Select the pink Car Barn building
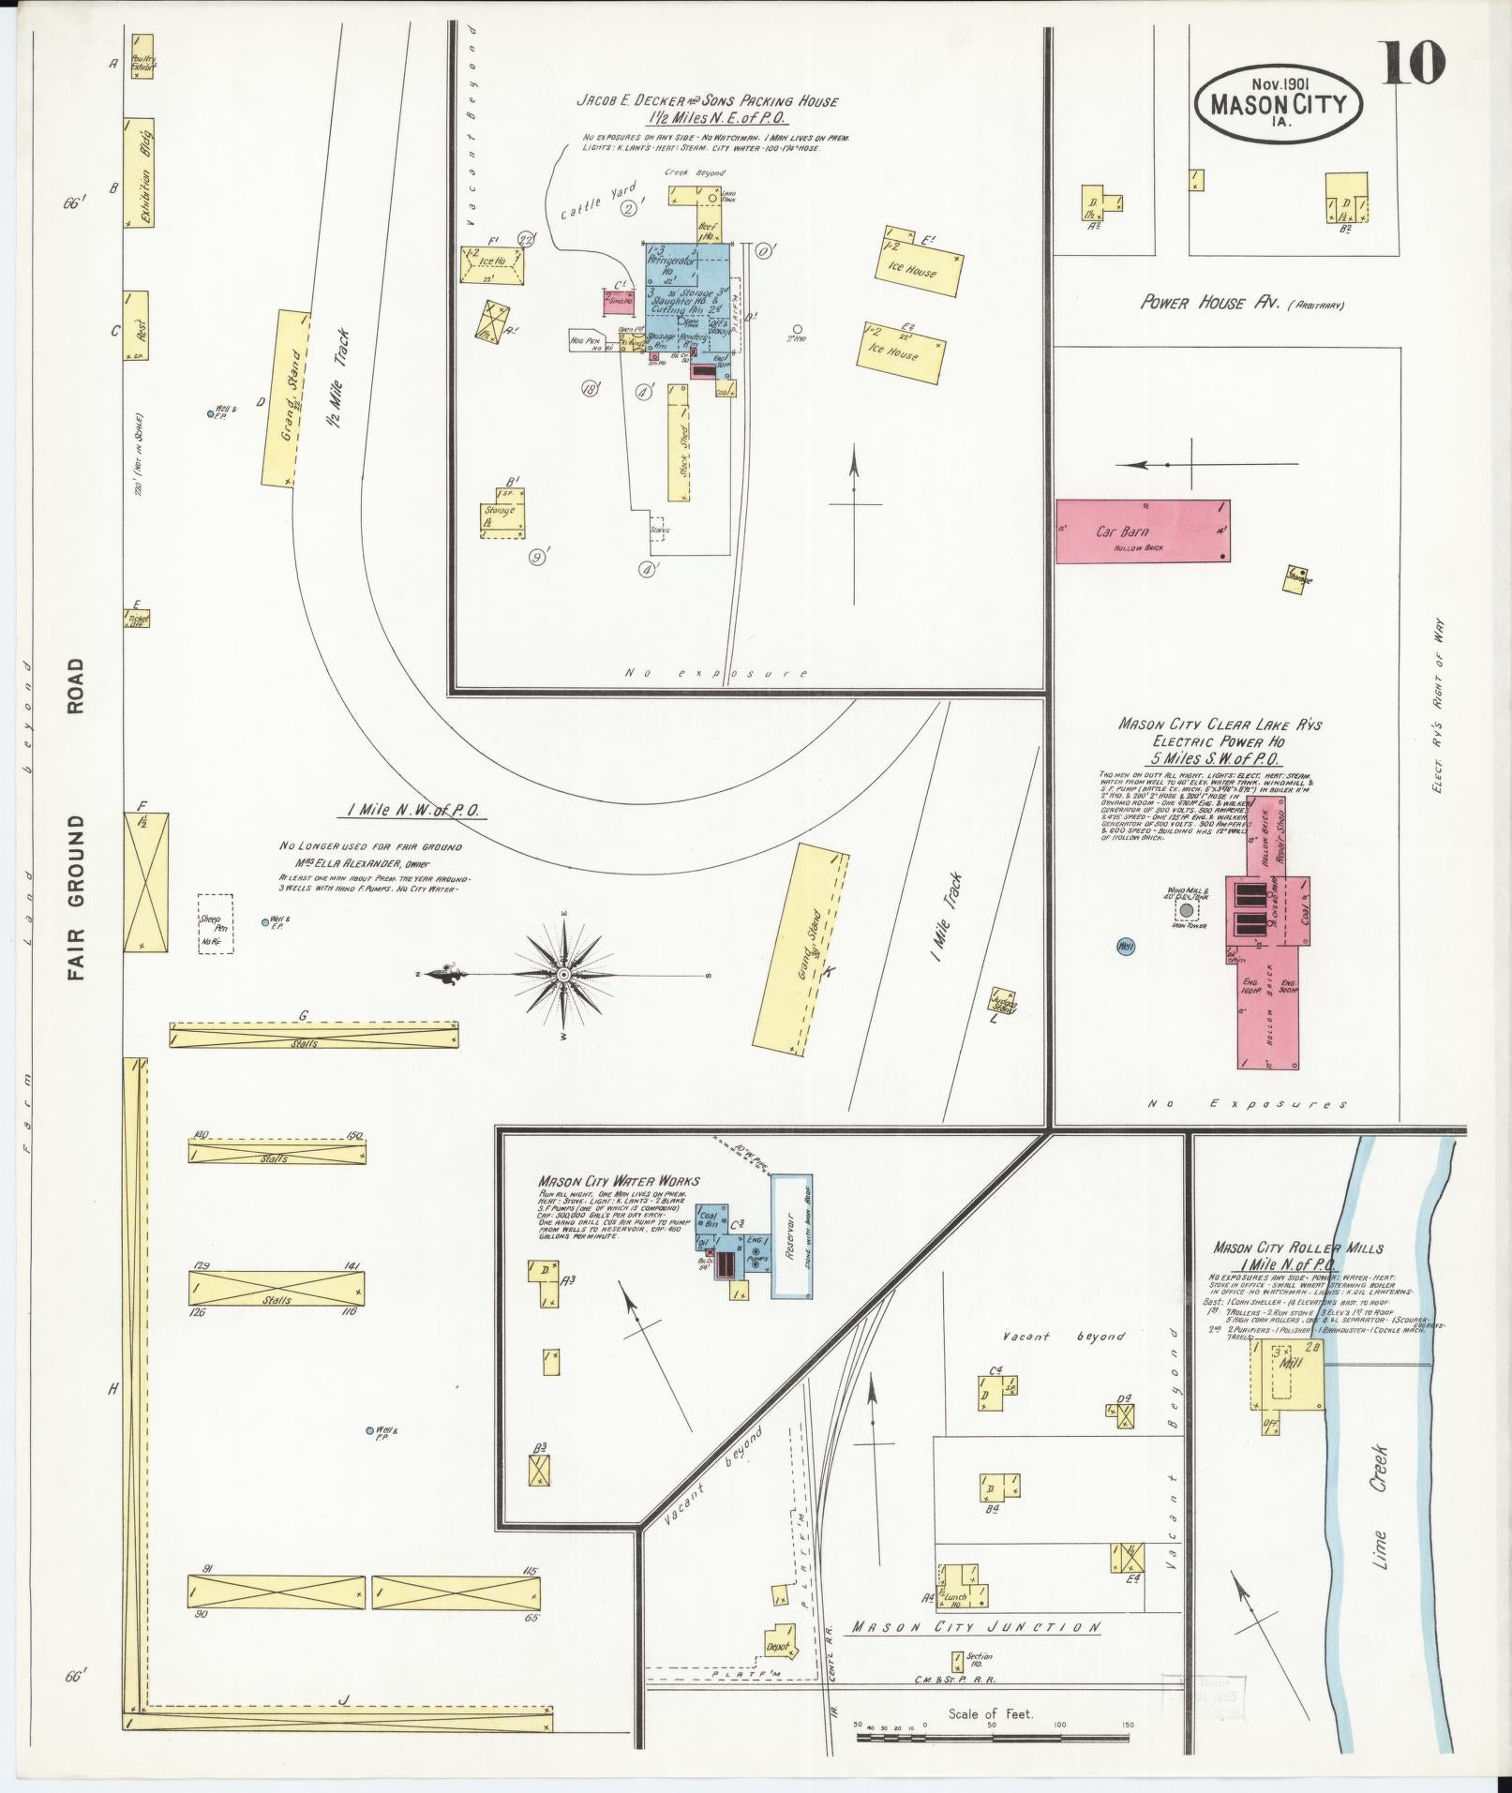[1142, 531]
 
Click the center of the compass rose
[564, 975]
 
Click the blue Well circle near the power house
[1126, 947]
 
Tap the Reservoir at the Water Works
[791, 1235]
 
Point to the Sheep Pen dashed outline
[215, 924]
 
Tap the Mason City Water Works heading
[619, 1181]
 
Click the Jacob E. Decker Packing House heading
[707, 100]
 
